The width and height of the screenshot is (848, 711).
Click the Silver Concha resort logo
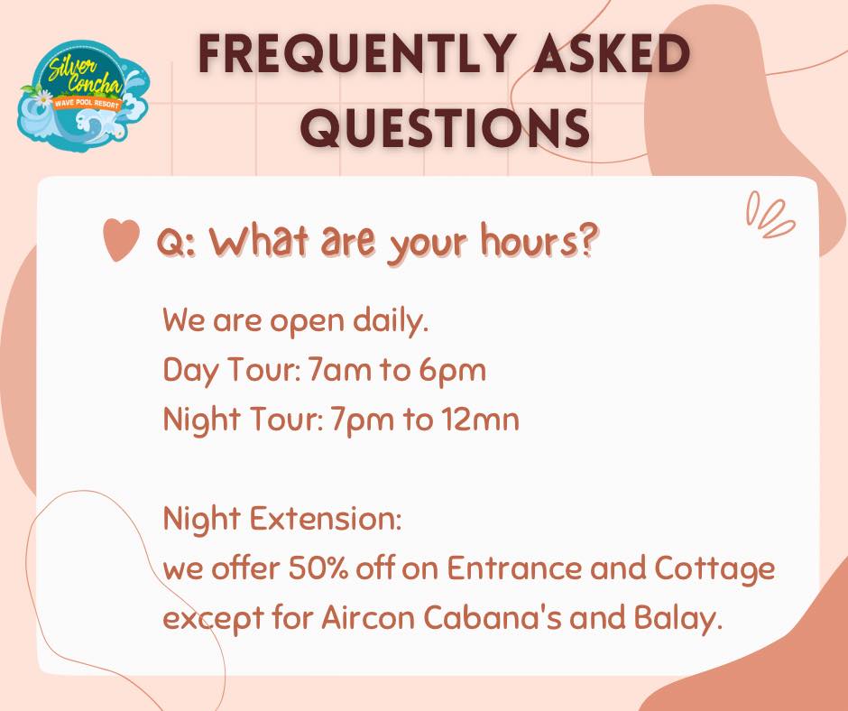84,97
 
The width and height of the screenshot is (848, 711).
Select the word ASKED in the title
613,54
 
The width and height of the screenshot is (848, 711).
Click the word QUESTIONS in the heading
445,128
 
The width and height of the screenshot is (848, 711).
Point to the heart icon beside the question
121,238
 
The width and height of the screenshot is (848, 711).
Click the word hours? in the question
540,241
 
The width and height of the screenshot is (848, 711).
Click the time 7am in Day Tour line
340,371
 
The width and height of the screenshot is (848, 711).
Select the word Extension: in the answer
326,519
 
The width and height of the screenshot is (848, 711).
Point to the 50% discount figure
318,568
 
